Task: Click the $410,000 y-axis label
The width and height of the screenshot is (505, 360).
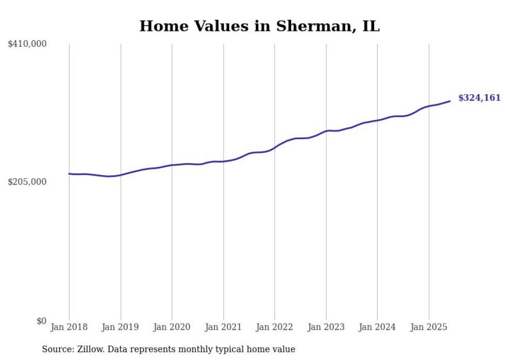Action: pos(27,44)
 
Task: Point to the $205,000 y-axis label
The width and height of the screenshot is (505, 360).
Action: pos(27,182)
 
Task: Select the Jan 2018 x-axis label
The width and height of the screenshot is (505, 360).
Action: pos(69,327)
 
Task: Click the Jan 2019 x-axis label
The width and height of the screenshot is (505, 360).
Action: pos(121,327)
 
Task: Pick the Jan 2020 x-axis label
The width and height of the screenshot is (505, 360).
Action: pos(172,327)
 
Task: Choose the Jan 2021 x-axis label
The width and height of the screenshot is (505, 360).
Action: pos(223,327)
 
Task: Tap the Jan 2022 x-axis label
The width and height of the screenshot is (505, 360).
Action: pos(275,327)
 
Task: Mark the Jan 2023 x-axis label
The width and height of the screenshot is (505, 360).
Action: pos(326,327)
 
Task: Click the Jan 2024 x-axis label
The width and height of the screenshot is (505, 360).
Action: pos(377,327)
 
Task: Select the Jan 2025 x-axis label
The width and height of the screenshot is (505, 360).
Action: pos(428,327)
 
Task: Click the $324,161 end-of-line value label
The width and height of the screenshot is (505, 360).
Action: pos(479,98)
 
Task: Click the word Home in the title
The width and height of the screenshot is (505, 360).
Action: pos(160,26)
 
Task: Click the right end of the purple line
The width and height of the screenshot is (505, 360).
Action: pos(450,101)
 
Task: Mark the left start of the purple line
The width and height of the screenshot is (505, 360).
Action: pos(69,174)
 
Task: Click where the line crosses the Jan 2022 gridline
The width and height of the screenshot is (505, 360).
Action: pos(275,148)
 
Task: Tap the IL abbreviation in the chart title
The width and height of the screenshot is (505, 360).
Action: pos(371,26)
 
